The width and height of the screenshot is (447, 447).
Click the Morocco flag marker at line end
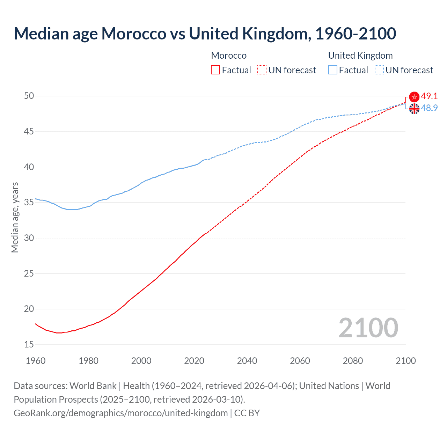pos(414,97)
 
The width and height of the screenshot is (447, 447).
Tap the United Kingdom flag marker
pos(414,109)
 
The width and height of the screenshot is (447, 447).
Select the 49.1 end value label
pos(429,96)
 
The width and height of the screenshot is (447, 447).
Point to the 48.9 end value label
pos(429,108)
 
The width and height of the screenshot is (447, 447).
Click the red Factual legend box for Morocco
pos(215,70)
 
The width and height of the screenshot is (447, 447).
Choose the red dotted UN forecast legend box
pos(262,70)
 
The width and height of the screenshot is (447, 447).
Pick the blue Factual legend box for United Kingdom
pos(333,70)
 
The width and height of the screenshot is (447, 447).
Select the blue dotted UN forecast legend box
pos(379,70)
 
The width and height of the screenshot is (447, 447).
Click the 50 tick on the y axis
pos(29,96)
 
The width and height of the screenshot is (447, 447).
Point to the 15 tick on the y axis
pos(29,345)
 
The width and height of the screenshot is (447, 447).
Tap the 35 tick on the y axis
pos(29,203)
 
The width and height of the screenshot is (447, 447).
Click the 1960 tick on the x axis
pos(36,361)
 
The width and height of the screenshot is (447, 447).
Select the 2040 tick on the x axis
pos(247,361)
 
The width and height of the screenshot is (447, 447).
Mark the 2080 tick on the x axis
pos(353,361)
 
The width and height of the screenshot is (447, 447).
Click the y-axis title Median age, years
pos(15,217)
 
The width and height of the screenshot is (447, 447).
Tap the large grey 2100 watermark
pos(368,328)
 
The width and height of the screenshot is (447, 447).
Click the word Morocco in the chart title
pos(134,34)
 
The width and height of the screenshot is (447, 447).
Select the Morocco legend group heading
pos(229,56)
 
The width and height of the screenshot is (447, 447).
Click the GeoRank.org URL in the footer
pos(120,413)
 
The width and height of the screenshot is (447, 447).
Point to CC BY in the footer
pos(247,413)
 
